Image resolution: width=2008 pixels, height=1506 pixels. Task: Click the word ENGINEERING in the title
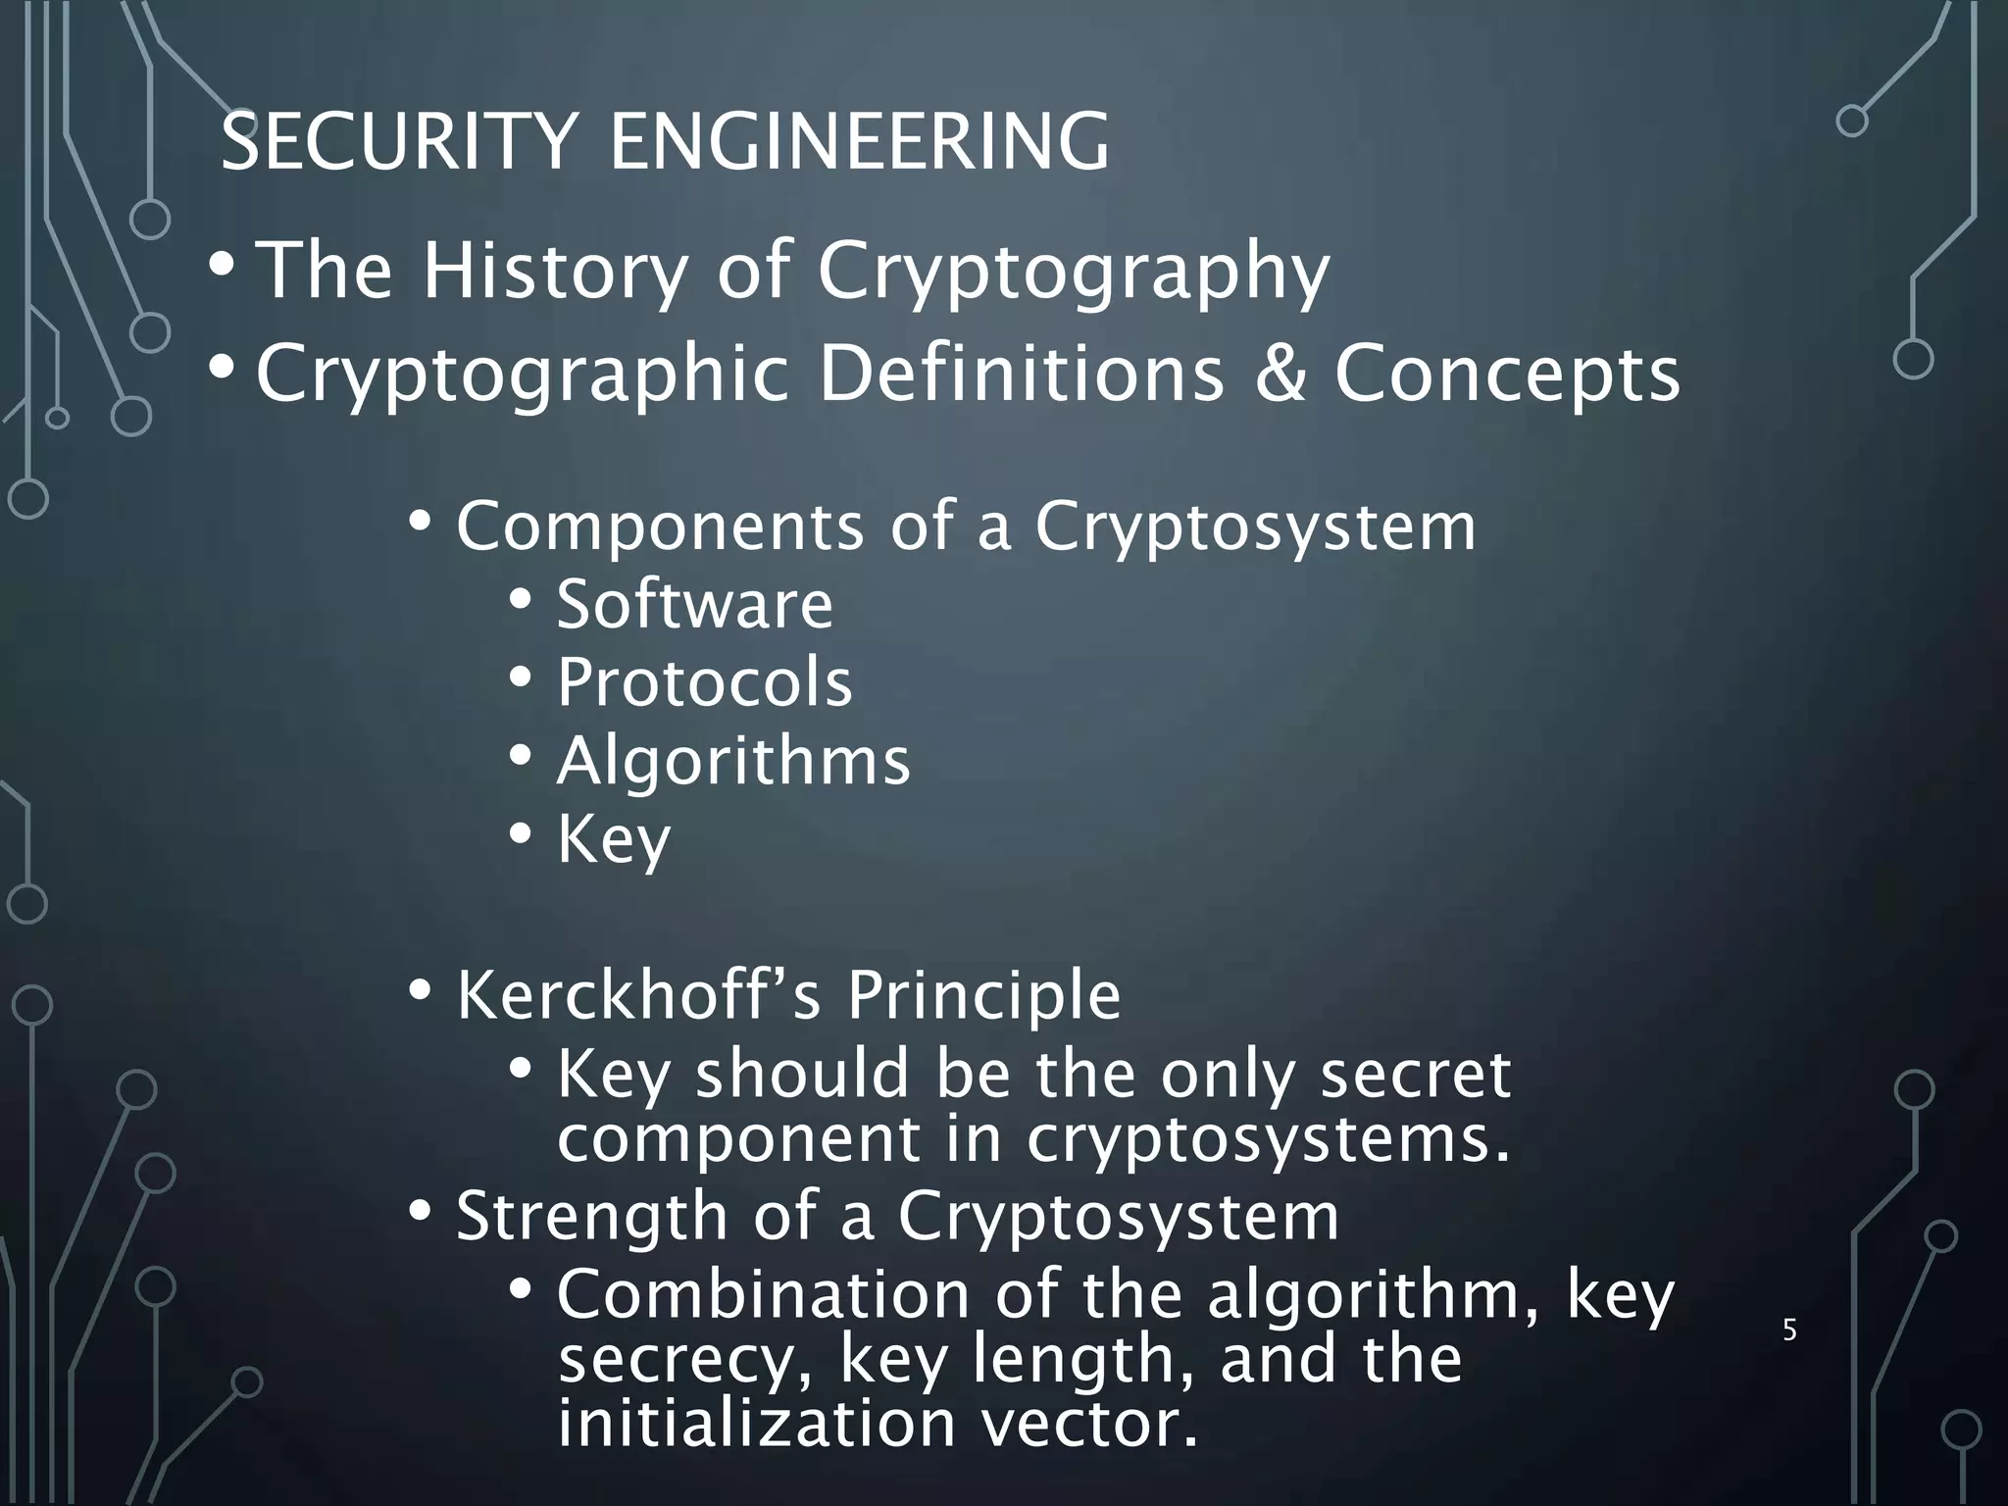pyautogui.click(x=860, y=143)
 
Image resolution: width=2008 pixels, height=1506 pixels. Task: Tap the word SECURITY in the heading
pyautogui.click(x=396, y=143)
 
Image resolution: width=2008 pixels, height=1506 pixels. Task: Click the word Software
pyautogui.click(x=694, y=604)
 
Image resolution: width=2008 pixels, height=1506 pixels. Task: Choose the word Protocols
pyautogui.click(x=704, y=682)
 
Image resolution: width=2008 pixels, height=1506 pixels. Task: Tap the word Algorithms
pyautogui.click(x=733, y=761)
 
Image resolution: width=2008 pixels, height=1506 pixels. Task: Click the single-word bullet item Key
pyautogui.click(x=614, y=840)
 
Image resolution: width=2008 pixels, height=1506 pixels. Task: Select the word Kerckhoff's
pyautogui.click(x=636, y=995)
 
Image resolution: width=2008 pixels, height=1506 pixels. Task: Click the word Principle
pyautogui.click(x=983, y=995)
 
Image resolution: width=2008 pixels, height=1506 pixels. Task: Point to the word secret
pyautogui.click(x=1415, y=1075)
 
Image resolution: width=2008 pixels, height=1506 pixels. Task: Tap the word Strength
pyautogui.click(x=591, y=1217)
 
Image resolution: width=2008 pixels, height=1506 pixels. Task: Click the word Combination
pyautogui.click(x=763, y=1294)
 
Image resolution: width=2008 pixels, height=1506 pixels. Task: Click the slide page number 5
pyautogui.click(x=1789, y=1330)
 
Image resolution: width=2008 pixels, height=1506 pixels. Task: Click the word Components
pyautogui.click(x=660, y=527)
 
